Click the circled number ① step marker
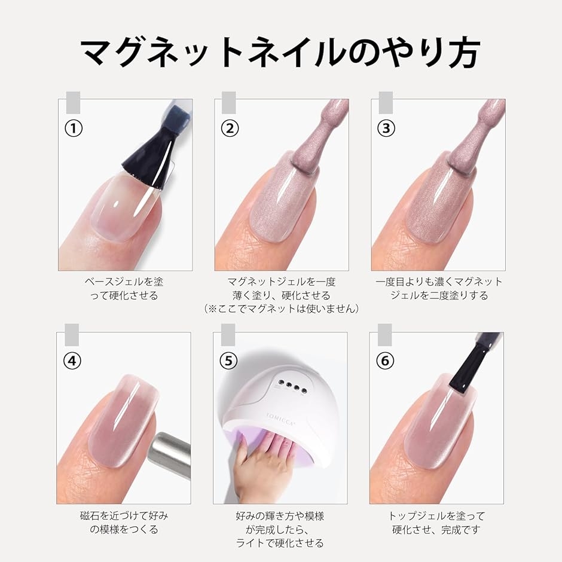click(x=74, y=129)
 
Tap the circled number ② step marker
click(x=230, y=129)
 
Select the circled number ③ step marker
click(x=386, y=129)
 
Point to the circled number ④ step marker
click(x=72, y=361)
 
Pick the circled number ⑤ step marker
click(x=228, y=361)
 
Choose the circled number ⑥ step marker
click(x=385, y=361)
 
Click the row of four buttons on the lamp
click(x=291, y=387)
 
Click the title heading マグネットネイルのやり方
click(x=280, y=53)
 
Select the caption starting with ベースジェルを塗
click(x=124, y=289)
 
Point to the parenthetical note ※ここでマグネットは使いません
click(x=281, y=309)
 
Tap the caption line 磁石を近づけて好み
click(x=124, y=516)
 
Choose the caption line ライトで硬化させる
click(x=280, y=543)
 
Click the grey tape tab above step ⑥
click(x=384, y=334)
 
